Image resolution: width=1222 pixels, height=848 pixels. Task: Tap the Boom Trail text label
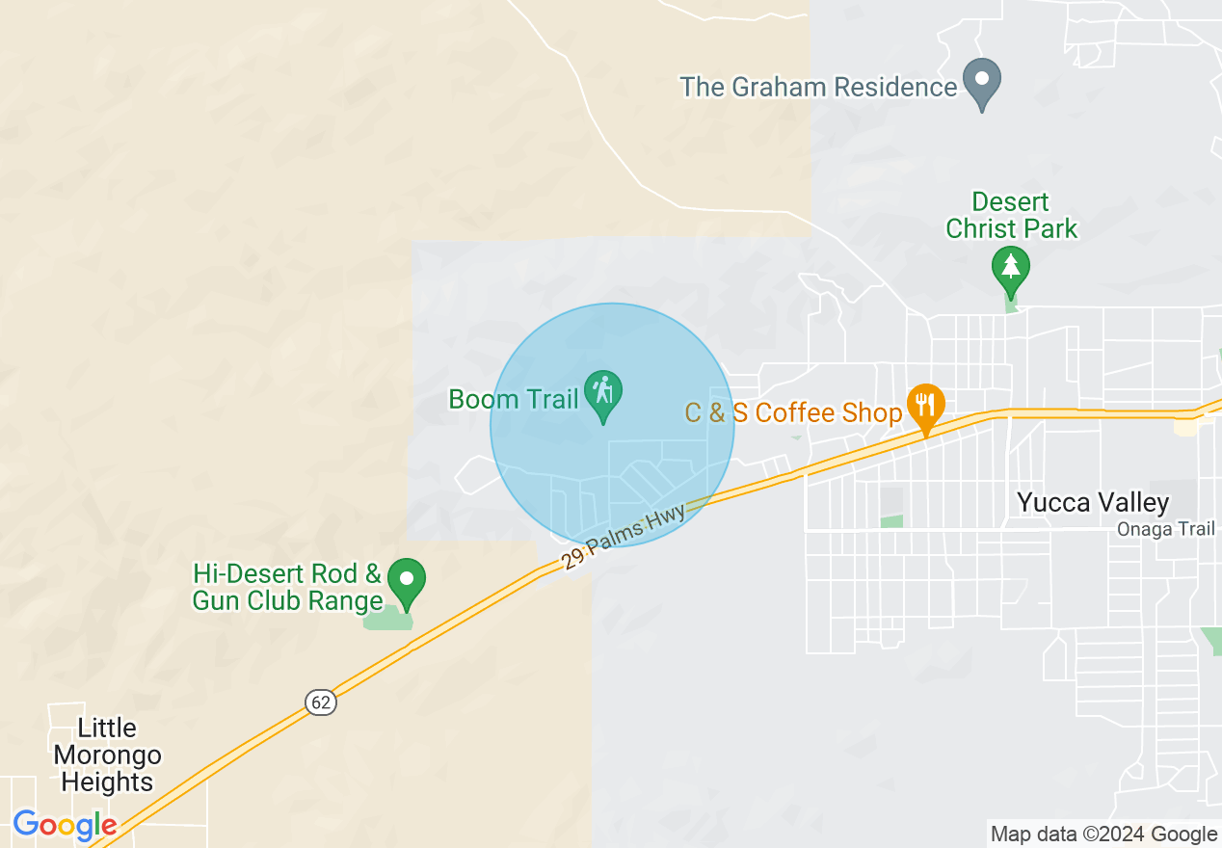(514, 399)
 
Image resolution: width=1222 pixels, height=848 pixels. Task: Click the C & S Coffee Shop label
(793, 412)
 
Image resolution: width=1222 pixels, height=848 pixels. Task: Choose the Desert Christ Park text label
(1011, 216)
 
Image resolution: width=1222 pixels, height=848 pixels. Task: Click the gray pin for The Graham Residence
(982, 83)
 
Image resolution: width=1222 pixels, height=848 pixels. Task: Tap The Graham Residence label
(818, 87)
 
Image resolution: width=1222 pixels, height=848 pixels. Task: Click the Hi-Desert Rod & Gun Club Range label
(288, 588)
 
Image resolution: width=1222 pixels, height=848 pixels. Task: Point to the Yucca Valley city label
(1093, 502)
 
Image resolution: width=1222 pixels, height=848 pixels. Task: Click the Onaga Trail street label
(1166, 529)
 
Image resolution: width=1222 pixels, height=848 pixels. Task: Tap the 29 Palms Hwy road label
(624, 536)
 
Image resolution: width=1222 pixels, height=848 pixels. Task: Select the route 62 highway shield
(322, 702)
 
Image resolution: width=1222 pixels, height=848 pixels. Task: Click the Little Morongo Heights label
(107, 755)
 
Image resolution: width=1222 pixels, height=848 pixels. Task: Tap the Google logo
(65, 825)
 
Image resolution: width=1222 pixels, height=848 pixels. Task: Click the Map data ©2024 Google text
(1103, 835)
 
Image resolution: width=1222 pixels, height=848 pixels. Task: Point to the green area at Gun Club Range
(385, 619)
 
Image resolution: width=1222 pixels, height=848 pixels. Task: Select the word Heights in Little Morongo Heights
(107, 782)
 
